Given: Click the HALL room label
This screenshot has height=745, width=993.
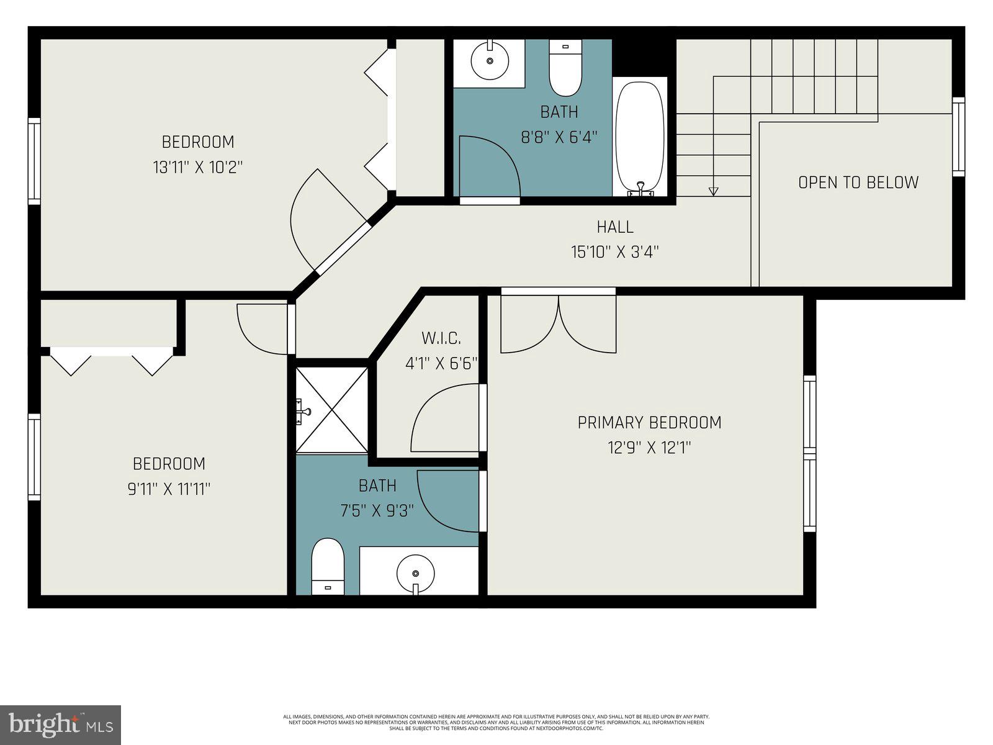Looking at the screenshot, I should click(614, 227).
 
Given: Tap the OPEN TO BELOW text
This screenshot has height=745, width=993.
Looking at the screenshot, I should click(858, 183).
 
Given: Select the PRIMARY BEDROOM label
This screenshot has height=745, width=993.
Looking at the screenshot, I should click(649, 423).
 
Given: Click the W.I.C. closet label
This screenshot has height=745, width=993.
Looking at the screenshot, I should click(441, 338).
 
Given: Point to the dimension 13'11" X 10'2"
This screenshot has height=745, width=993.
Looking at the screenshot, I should click(197, 167).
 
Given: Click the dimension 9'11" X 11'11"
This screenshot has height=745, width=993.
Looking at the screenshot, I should click(169, 489).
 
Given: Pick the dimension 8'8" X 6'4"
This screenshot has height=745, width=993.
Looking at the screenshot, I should click(559, 137).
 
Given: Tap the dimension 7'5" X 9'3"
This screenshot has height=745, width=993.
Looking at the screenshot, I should click(377, 510).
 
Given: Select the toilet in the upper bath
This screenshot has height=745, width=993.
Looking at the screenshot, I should click(565, 68).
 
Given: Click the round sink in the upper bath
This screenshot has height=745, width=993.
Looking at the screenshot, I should click(490, 61).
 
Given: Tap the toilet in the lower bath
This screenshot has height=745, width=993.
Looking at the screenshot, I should click(328, 566).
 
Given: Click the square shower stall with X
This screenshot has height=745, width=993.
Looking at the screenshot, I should click(332, 410).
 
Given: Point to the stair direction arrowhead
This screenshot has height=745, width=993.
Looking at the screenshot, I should click(713, 191).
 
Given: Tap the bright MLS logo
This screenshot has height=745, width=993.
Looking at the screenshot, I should click(61, 725).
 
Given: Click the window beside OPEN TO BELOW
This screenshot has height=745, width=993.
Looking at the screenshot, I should click(959, 137).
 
